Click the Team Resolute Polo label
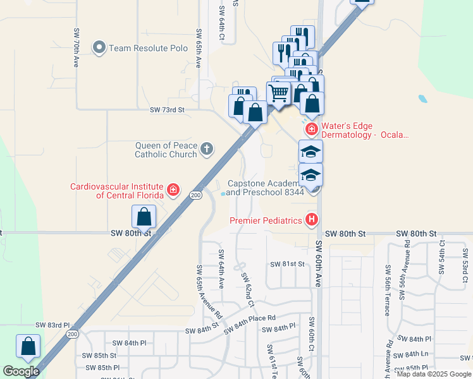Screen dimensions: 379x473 click(140, 48)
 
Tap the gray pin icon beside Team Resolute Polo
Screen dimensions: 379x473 click(99, 47)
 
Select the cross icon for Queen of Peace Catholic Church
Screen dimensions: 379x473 click(206, 150)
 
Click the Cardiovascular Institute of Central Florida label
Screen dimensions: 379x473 click(117, 190)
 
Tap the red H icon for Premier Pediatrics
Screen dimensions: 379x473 click(311, 220)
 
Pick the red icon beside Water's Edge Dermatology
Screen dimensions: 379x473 click(311, 129)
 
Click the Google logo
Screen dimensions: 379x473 click(20, 371)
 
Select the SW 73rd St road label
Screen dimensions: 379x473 click(167, 110)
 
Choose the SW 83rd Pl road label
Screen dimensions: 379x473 click(51, 325)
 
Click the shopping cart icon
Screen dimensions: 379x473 click(278, 94)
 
